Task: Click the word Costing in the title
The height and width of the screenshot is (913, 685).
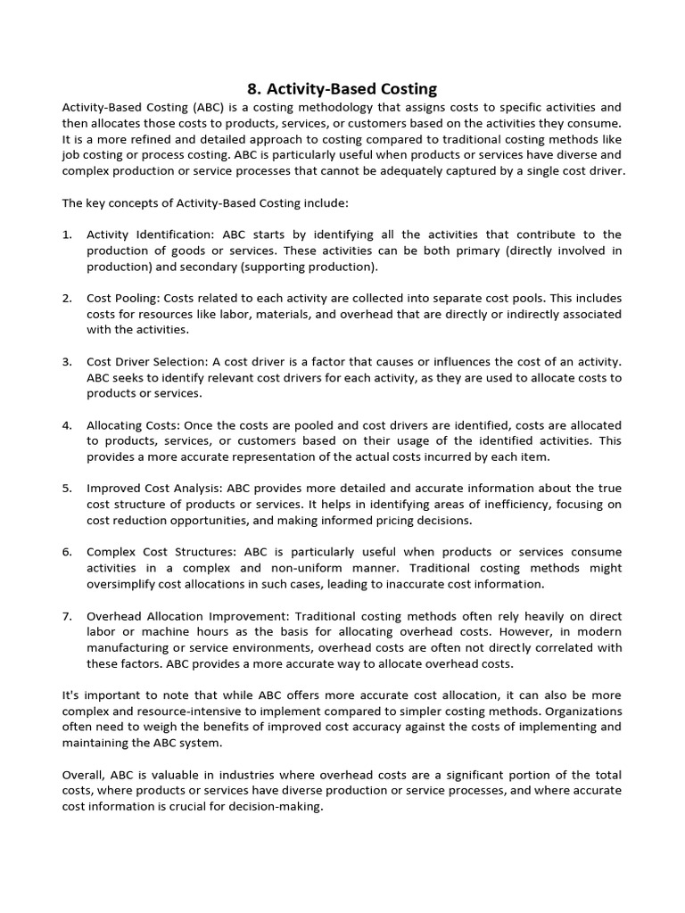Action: (x=406, y=88)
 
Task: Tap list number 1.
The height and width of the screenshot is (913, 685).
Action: (x=67, y=234)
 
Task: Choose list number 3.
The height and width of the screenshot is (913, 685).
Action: (x=67, y=361)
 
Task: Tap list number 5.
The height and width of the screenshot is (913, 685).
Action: (x=67, y=489)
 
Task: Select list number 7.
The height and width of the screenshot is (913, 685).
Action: (x=67, y=616)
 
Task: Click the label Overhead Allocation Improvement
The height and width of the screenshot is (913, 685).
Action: (x=186, y=616)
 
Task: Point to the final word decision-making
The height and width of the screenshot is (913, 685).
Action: (x=277, y=807)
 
